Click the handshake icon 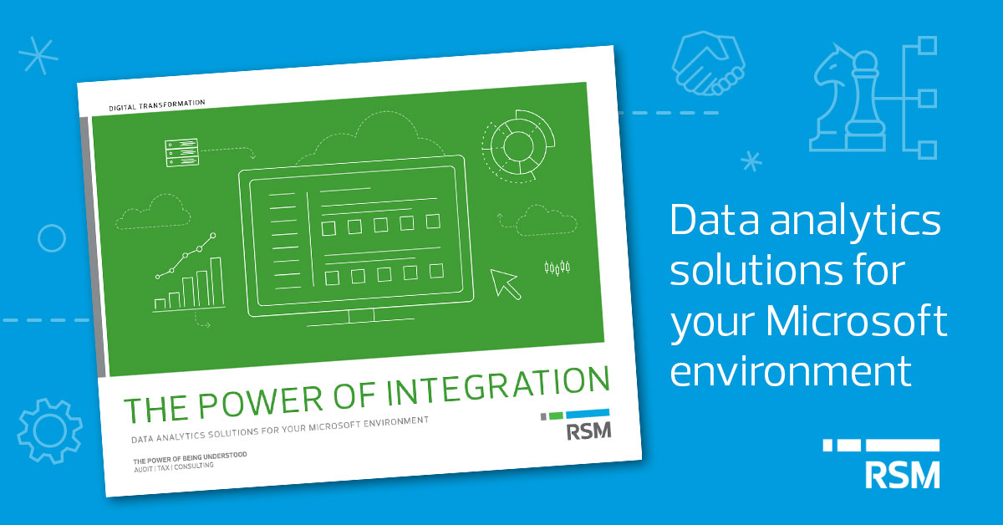(x=708, y=64)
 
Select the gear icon (x=49, y=431)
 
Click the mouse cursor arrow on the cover (x=506, y=284)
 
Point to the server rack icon (x=182, y=152)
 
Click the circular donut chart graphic (x=518, y=146)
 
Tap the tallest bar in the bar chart (x=217, y=282)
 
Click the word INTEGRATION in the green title (x=498, y=386)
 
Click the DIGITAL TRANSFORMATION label (x=157, y=105)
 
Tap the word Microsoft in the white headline (x=856, y=321)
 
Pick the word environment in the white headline (x=791, y=371)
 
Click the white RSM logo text (x=902, y=476)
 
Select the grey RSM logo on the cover (x=588, y=431)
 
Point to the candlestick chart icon (x=557, y=268)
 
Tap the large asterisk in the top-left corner (x=38, y=55)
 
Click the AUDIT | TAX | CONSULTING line (x=174, y=467)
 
